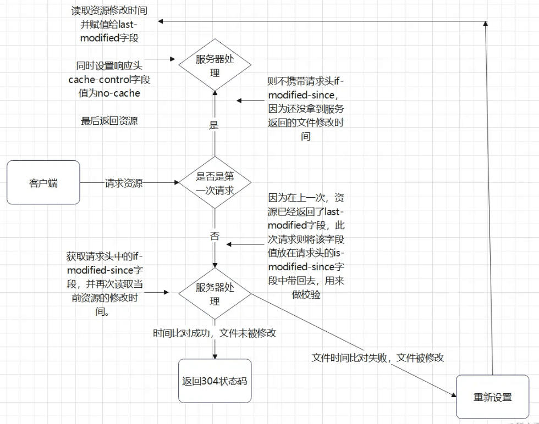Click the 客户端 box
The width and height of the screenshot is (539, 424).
(43, 182)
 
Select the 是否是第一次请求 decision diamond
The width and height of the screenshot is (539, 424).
(215, 183)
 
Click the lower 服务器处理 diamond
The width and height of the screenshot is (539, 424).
(215, 294)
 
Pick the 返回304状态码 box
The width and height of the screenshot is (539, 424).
(215, 381)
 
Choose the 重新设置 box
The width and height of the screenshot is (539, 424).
(492, 397)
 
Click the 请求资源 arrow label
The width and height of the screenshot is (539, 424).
(124, 183)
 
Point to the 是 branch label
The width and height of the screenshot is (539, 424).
(214, 125)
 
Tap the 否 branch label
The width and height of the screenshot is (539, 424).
(214, 236)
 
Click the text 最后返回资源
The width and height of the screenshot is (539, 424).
(109, 121)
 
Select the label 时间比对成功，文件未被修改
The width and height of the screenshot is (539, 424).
(215, 333)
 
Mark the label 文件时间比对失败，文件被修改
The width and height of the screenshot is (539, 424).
(378, 358)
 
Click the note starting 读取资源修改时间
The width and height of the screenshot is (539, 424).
(109, 24)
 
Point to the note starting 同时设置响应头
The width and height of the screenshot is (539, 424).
(109, 80)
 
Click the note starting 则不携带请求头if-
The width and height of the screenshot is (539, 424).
(306, 109)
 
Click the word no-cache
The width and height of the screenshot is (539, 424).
(118, 93)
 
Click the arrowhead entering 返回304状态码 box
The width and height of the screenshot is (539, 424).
(215, 356)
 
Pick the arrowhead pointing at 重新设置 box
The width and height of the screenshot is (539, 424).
(453, 395)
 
